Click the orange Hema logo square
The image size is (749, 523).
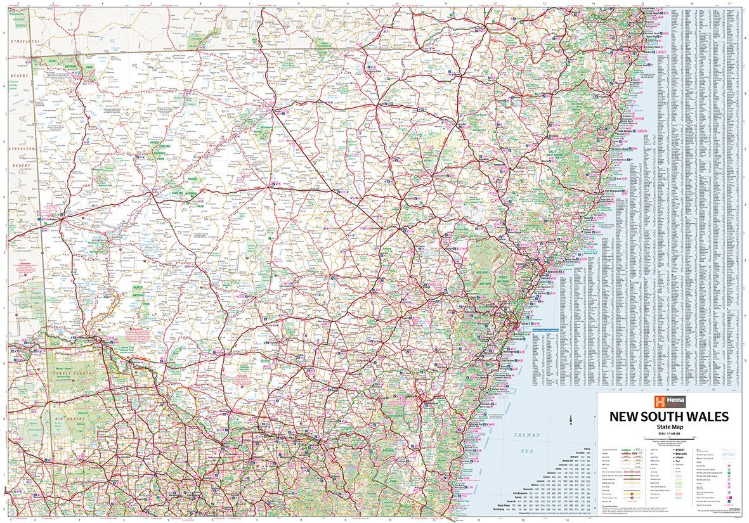click(661, 401)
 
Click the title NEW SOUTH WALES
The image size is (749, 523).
click(669, 416)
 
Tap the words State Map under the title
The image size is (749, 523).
click(669, 427)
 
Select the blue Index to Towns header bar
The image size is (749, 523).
click(547, 331)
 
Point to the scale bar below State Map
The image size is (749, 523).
click(669, 437)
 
